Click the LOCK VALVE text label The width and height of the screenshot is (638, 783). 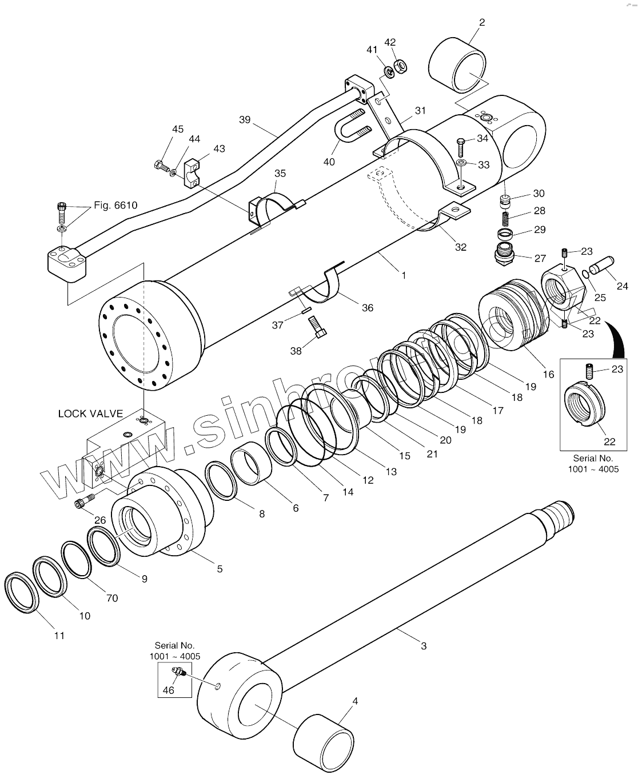90,413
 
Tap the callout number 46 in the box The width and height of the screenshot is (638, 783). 168,690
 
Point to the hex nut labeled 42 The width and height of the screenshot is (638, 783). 401,65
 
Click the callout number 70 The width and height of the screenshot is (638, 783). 112,598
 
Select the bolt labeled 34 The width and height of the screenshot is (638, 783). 461,146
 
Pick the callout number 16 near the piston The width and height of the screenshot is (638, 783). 548,375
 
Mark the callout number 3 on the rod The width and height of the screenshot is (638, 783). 423,646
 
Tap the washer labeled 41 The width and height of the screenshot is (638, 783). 388,71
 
